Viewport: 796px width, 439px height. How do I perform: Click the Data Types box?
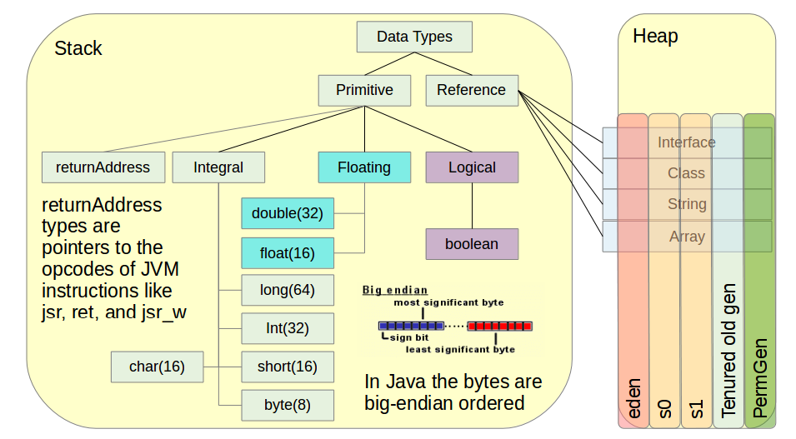coord(414,37)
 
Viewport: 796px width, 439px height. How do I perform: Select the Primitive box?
coord(364,90)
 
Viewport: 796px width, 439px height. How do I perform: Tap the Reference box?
coord(471,90)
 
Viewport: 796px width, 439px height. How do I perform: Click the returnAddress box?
coord(103,167)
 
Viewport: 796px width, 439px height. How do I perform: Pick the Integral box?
coord(218,167)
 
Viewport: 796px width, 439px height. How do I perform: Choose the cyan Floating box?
coord(364,167)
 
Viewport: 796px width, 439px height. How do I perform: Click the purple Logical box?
coord(472,167)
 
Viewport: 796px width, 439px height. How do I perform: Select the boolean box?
coord(472,244)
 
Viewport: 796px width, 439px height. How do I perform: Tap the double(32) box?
coord(287,213)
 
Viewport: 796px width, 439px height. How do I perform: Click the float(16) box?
coord(287,252)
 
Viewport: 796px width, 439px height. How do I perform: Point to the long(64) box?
coord(287,290)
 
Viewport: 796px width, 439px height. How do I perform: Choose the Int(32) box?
coord(287,328)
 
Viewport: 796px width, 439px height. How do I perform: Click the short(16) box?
coord(287,367)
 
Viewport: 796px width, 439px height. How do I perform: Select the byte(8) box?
coord(287,405)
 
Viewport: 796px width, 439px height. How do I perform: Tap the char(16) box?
coord(157,367)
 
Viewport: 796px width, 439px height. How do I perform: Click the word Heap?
coord(655,37)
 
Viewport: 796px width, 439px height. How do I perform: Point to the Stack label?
coord(78,48)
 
